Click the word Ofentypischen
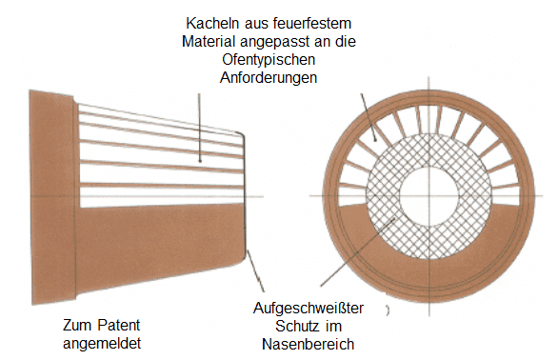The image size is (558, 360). [x=269, y=60]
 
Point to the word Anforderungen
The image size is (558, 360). [x=269, y=78]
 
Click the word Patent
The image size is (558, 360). [x=119, y=325]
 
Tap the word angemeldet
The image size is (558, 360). [x=102, y=344]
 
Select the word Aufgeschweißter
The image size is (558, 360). [x=309, y=309]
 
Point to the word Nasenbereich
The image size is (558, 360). [x=309, y=345]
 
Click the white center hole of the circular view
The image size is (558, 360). [x=428, y=196]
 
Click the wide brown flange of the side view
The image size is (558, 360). [x=53, y=197]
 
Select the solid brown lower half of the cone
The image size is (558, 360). [x=160, y=242]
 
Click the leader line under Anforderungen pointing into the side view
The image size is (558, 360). [x=199, y=128]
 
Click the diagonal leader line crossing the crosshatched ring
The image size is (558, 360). [x=358, y=251]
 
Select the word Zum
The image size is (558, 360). [x=78, y=325]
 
